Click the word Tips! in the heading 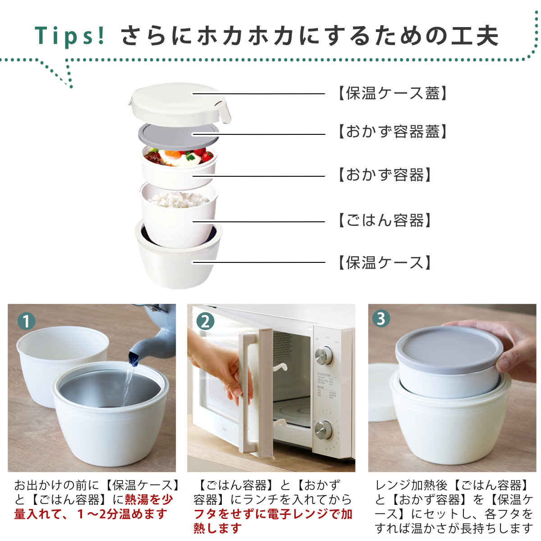(x=70, y=36)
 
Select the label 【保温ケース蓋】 (x=392, y=93)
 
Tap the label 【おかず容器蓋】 (x=392, y=132)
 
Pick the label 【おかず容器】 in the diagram (x=385, y=174)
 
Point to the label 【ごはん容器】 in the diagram (x=385, y=220)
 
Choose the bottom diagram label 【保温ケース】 (x=385, y=262)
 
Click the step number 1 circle (x=27, y=322)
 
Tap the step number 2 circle (x=205, y=321)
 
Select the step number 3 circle (x=381, y=319)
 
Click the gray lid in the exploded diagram (x=179, y=135)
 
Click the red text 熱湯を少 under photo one (x=149, y=500)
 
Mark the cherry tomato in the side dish (x=207, y=156)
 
